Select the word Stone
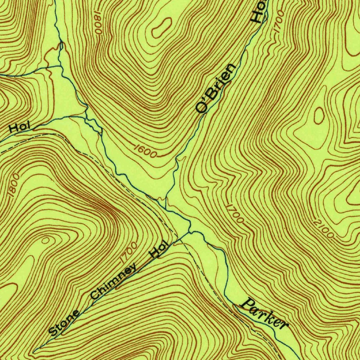64,323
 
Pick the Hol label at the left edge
20,127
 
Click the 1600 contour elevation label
145,151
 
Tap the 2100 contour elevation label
323,228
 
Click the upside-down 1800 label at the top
98,22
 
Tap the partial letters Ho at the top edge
259,12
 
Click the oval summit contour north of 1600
161,28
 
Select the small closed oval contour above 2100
319,116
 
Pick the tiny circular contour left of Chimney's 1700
45,240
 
